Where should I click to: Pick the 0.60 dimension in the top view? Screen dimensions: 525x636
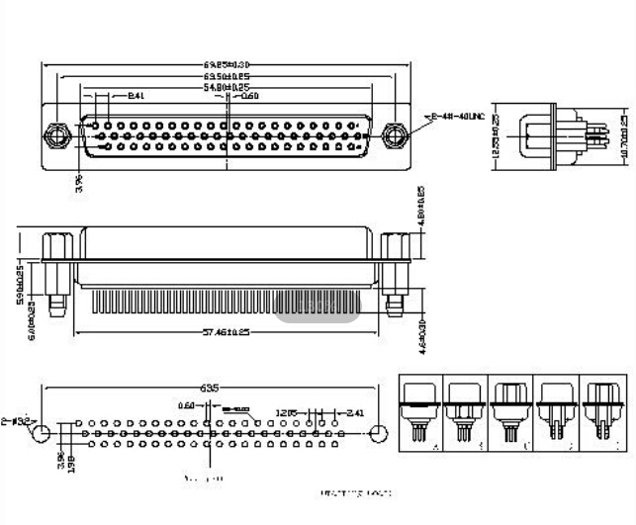249,97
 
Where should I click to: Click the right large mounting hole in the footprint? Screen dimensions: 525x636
378,432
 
